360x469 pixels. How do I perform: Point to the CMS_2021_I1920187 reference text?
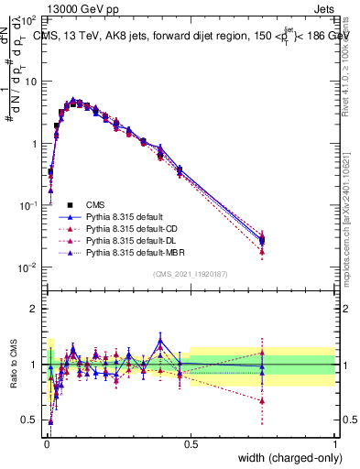pos(190,274)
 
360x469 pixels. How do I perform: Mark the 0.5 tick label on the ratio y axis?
pos(30,420)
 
